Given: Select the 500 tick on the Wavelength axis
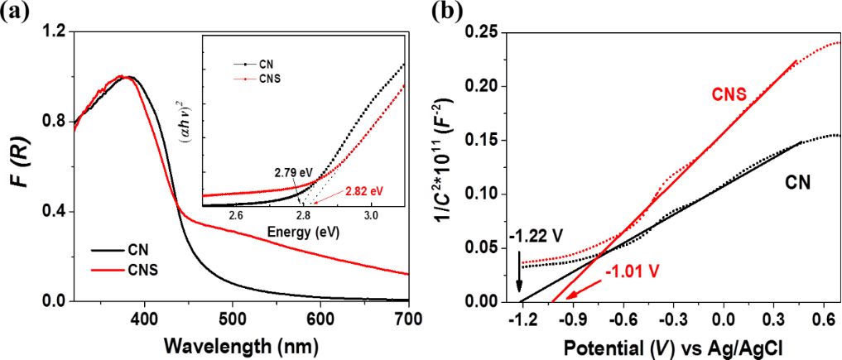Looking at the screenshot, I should [x=408, y=319].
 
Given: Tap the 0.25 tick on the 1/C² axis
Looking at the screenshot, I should [x=488, y=31].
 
